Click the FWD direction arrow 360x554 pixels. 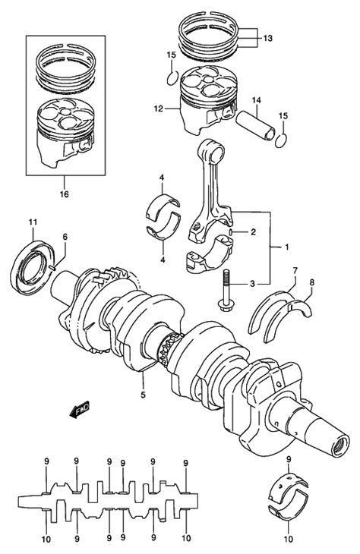(80, 410)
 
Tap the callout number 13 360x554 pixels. (267, 38)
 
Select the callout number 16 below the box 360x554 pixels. (65, 194)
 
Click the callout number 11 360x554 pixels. (33, 222)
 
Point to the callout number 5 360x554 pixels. (143, 395)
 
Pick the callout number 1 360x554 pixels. (286, 247)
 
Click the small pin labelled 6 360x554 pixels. (52, 268)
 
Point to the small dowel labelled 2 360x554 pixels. (231, 232)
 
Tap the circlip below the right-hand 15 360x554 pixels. (280, 141)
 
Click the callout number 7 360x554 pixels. (295, 271)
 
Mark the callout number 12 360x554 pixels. (158, 109)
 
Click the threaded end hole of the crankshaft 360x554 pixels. (341, 446)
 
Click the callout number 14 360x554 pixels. (257, 100)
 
